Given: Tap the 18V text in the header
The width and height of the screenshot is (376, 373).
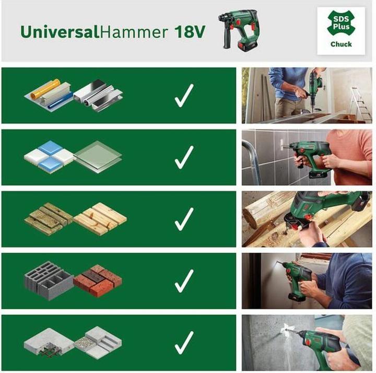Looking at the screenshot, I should [x=186, y=31].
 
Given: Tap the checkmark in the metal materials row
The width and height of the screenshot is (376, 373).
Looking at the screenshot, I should [x=184, y=97].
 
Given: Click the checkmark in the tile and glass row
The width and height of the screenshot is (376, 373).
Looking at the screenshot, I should [x=184, y=158].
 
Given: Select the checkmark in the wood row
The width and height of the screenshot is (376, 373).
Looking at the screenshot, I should [x=184, y=219].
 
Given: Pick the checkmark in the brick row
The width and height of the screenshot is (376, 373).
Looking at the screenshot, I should [x=184, y=282].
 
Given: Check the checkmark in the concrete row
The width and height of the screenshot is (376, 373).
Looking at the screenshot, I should [x=184, y=343].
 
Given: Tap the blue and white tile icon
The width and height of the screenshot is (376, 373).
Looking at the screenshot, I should [x=50, y=154].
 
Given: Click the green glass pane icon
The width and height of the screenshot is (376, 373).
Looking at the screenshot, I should [x=98, y=156].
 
